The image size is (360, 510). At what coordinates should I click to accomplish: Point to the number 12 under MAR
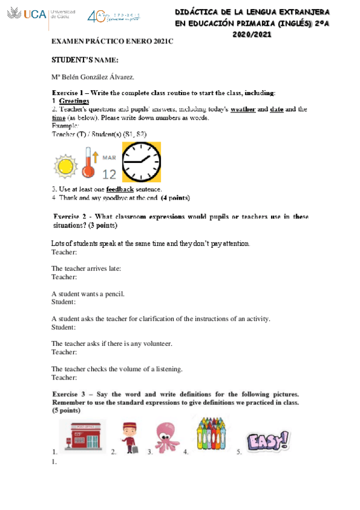109,174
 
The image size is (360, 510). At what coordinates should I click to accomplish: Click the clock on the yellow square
141,162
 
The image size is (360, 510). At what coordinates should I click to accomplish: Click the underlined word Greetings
74,101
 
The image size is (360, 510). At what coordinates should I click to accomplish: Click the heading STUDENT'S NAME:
85,60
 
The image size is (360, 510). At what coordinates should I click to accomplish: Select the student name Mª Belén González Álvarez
93,77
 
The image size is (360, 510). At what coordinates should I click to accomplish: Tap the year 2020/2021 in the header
252,34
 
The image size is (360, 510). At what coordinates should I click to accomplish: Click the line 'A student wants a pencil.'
88,293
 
